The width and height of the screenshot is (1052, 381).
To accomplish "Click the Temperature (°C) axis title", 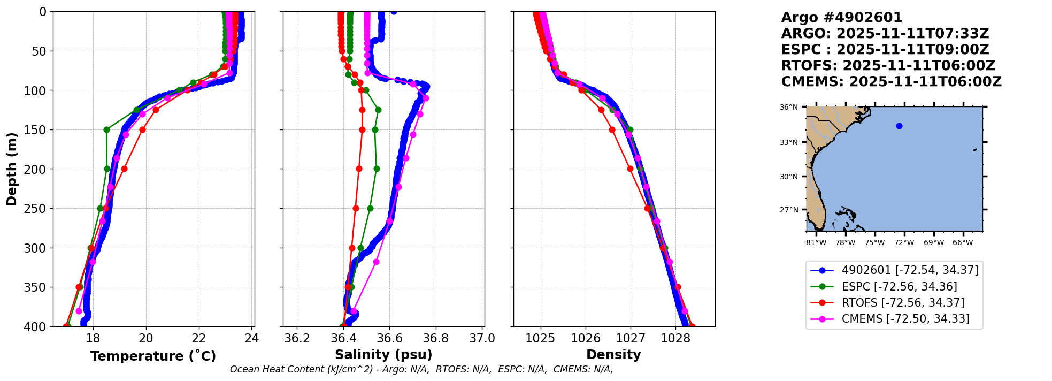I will [153, 356].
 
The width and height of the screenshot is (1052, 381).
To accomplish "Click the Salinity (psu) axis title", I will [383, 354].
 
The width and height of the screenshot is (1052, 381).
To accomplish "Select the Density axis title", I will [613, 354].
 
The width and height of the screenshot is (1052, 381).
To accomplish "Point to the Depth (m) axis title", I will [11, 169].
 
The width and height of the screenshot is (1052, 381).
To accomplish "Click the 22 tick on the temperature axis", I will [198, 338].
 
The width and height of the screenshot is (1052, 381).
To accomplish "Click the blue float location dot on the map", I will [899, 126].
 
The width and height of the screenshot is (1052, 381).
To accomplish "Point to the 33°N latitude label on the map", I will [788, 142].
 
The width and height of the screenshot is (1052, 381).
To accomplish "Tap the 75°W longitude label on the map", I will [875, 242].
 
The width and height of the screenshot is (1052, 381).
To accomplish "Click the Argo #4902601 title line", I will [841, 18].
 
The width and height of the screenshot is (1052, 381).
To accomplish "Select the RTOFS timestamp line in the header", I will [888, 66].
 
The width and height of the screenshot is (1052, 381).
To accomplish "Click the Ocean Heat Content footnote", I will [421, 369].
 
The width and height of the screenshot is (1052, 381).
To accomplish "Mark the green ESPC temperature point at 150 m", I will [106, 129].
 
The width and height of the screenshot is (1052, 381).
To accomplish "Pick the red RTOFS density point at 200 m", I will [630, 169].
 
